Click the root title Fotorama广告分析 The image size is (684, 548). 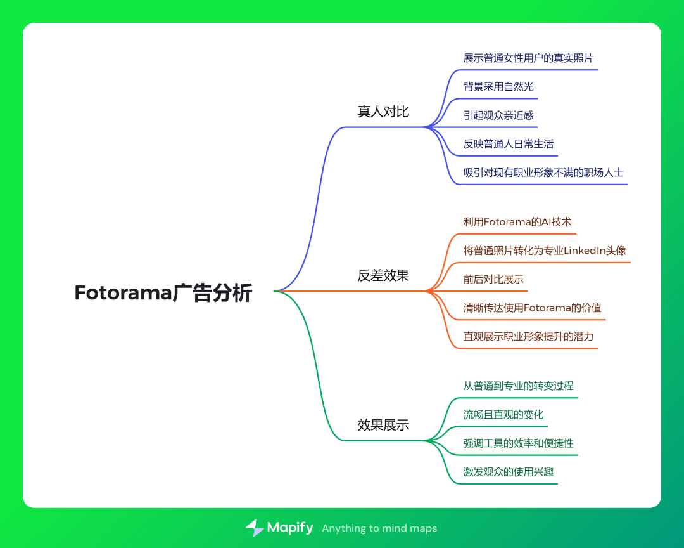point(163,293)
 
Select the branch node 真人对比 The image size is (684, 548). point(383,112)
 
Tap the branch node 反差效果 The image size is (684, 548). point(383,275)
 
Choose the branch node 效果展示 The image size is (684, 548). point(383,425)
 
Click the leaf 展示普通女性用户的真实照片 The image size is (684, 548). point(528,58)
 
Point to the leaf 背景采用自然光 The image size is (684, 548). point(498,86)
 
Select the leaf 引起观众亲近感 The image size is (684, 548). point(498,115)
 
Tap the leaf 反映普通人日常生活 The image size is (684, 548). point(509,143)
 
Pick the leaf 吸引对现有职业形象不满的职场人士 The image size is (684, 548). point(543,172)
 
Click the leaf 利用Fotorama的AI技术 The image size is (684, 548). point(517,222)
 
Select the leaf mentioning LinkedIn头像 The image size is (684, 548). point(545,251)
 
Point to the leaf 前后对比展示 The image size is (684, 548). point(493,279)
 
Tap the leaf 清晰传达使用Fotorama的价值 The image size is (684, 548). point(532,308)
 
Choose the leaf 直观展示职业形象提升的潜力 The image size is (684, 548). point(528,336)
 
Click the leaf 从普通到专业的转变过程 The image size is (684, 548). point(519,386)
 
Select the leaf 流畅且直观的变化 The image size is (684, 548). point(503,414)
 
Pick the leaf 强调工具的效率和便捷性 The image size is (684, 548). point(519,443)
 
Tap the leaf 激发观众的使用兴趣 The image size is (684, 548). point(509,471)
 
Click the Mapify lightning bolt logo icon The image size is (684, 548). point(255,528)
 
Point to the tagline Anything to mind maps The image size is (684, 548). point(379,528)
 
